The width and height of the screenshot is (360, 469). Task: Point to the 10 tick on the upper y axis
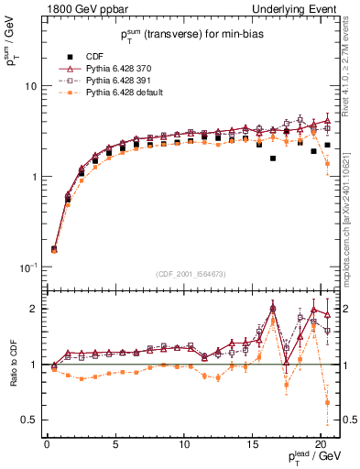(x=29, y=86)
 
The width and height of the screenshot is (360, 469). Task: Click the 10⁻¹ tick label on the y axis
(x=27, y=267)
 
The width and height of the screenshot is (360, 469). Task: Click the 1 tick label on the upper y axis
(x=32, y=177)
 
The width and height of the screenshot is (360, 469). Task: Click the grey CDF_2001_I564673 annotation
(x=191, y=273)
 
